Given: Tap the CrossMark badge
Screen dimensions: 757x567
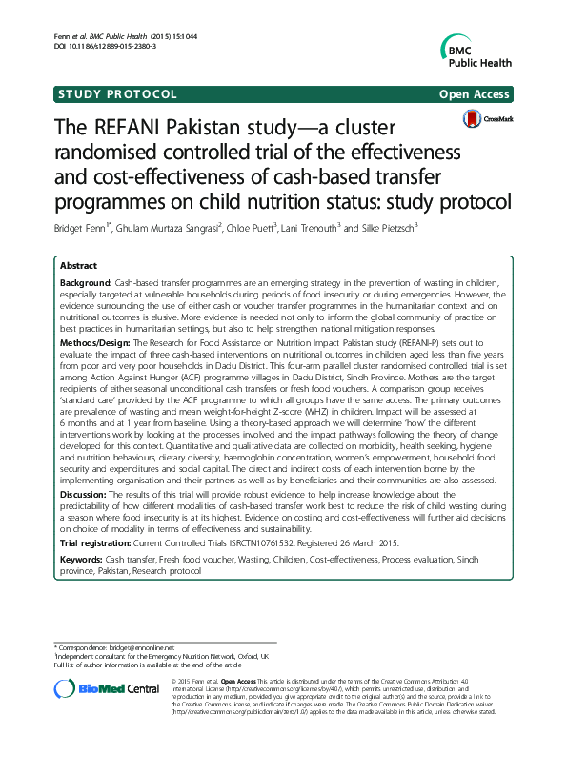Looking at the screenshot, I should [484, 118].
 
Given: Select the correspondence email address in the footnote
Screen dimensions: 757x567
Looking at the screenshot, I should [140, 647].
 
